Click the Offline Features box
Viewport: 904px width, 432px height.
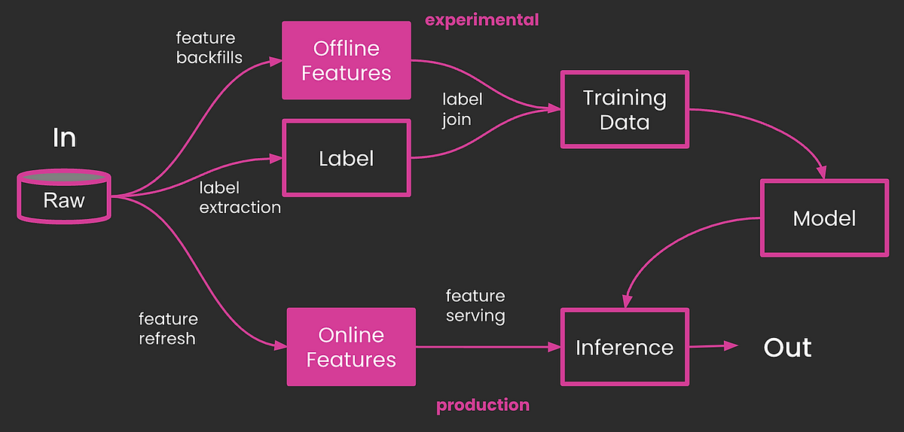click(x=347, y=60)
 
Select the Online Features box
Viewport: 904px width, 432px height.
click(x=351, y=347)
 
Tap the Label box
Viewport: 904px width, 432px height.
click(x=346, y=158)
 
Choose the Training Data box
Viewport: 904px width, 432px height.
click(x=624, y=110)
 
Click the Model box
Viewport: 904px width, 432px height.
click(x=824, y=218)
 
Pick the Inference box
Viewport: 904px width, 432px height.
click(x=624, y=347)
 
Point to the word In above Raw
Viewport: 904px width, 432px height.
click(x=64, y=138)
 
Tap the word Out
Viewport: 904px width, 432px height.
click(x=787, y=348)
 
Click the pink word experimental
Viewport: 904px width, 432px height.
click(x=482, y=20)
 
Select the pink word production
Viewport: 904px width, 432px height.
click(x=483, y=406)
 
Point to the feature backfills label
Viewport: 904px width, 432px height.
click(x=209, y=47)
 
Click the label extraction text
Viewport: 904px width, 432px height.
click(x=240, y=197)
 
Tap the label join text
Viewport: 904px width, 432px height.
click(x=462, y=109)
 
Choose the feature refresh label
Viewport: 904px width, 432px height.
click(x=169, y=329)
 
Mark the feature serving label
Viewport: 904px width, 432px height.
click(x=475, y=306)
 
